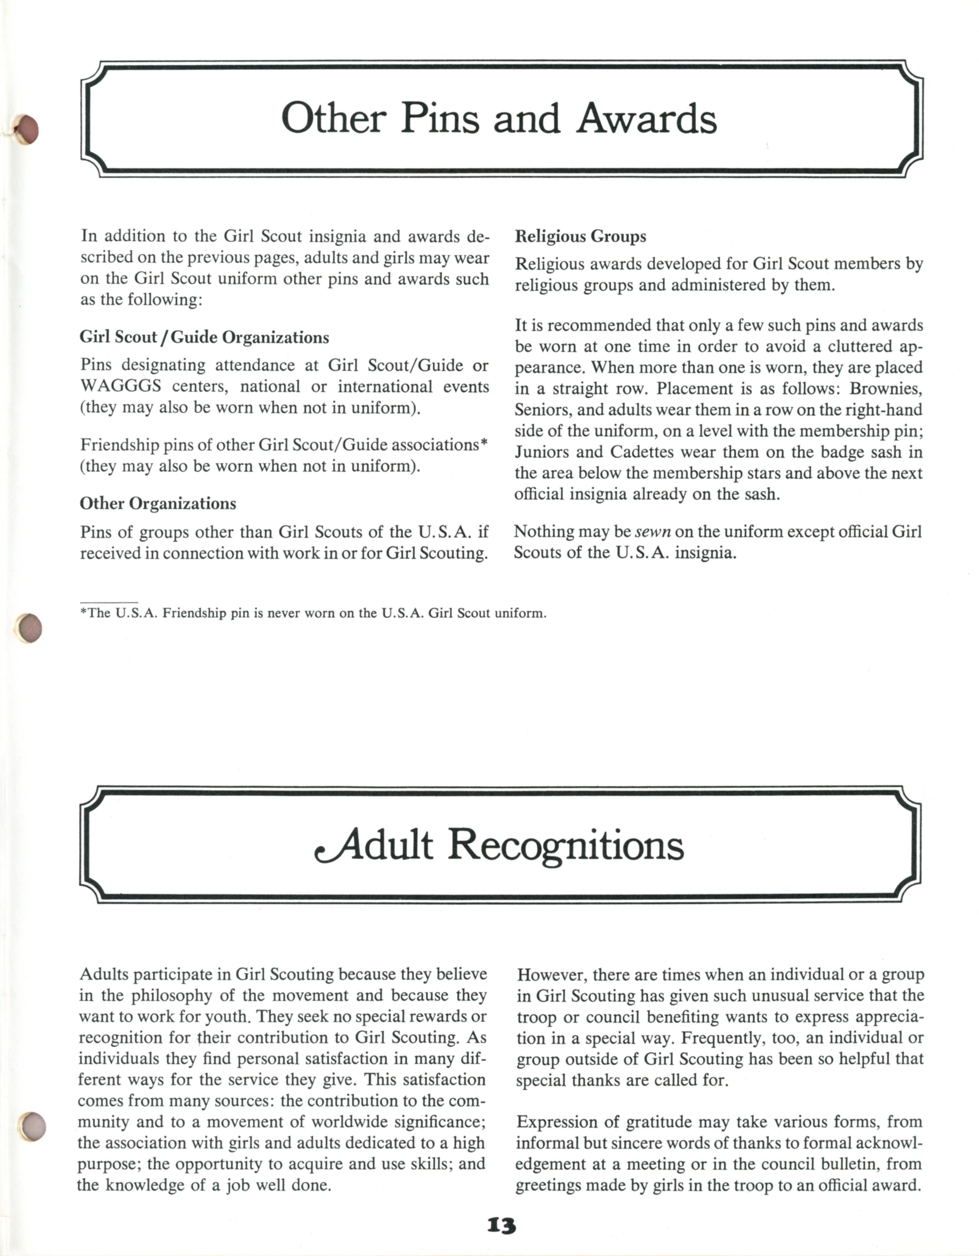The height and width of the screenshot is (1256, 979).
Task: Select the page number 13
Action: [501, 1226]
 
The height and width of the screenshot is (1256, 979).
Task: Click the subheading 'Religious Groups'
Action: [580, 236]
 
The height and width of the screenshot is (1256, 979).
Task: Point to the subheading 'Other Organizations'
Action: [158, 504]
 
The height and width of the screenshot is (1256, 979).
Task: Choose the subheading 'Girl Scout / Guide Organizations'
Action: [204, 338]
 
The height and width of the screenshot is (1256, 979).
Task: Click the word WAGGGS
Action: [121, 387]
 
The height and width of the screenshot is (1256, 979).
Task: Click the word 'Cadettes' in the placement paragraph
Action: [641, 452]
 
